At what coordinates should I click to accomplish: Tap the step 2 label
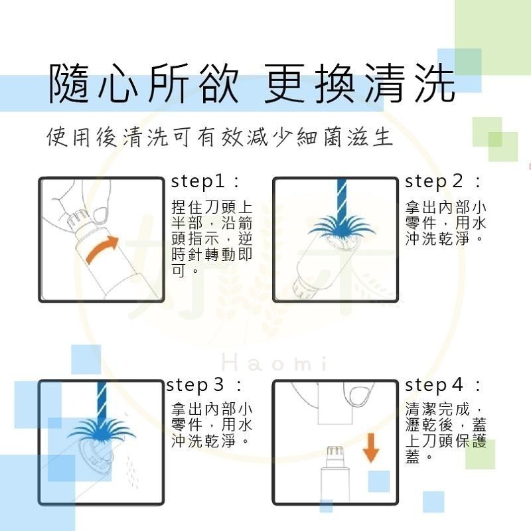443,181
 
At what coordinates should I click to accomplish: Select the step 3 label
204,385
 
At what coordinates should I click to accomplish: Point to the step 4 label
443,385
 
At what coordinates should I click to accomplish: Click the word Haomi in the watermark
272,364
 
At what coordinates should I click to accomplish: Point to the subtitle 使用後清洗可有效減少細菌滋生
220,139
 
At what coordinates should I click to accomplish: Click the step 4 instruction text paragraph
445,431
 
